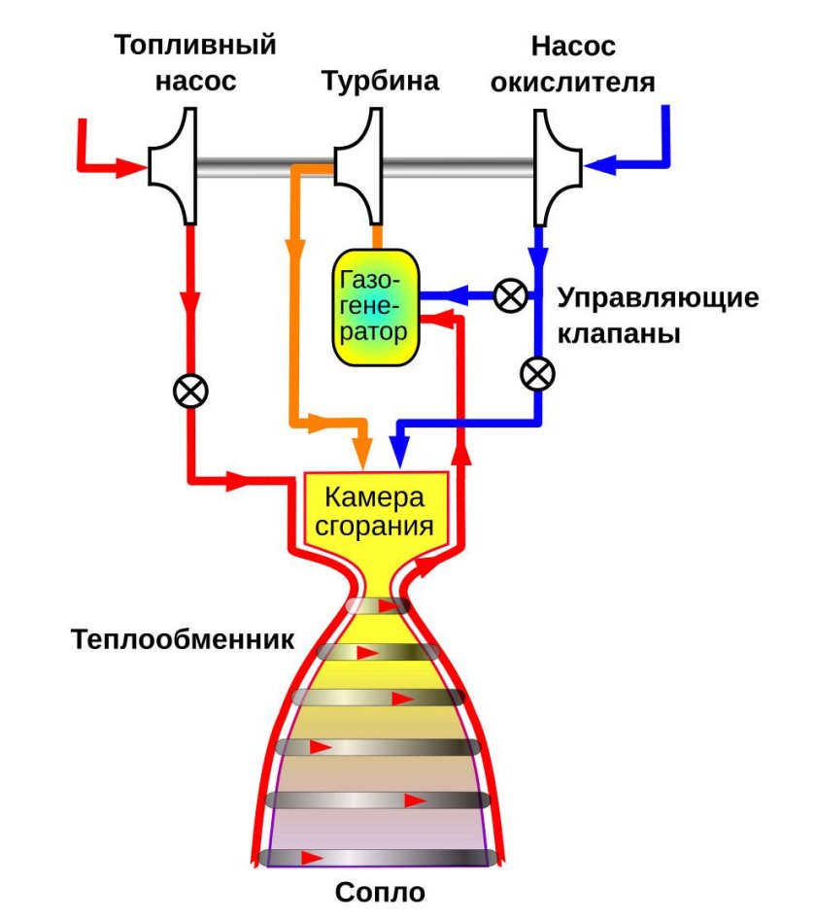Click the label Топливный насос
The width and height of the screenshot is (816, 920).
(195, 62)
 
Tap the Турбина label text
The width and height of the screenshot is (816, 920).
(380, 81)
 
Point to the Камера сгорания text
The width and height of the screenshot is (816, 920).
(376, 512)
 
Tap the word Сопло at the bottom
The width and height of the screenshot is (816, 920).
(380, 892)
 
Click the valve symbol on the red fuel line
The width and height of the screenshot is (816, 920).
(190, 391)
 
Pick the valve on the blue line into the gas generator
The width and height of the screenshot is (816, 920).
(509, 294)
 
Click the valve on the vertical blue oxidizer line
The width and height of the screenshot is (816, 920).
(537, 372)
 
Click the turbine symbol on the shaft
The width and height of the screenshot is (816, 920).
(357, 166)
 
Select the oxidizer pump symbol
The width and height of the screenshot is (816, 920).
(557, 166)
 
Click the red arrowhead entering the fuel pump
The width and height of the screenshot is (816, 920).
(128, 168)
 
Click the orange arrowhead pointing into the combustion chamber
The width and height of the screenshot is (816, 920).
(362, 454)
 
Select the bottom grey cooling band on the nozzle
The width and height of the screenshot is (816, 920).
(380, 858)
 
